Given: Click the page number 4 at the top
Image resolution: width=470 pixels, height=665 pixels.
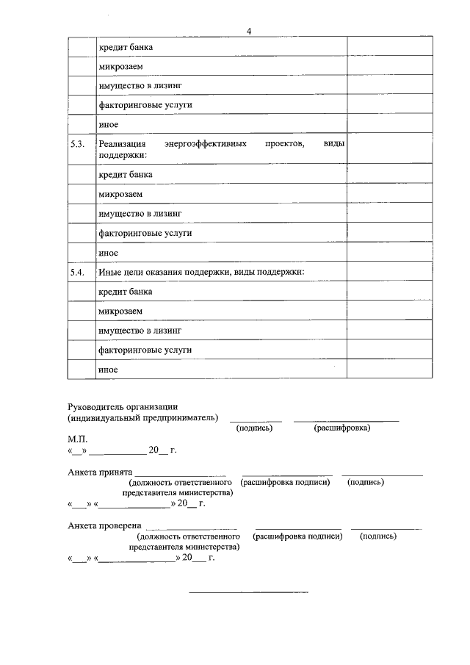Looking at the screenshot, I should [x=249, y=31].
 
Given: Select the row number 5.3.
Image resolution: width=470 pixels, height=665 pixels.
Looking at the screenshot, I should [x=78, y=145].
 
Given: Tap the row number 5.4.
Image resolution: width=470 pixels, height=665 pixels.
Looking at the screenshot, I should [x=78, y=273].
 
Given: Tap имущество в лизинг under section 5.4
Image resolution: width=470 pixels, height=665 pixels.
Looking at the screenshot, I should [x=140, y=331].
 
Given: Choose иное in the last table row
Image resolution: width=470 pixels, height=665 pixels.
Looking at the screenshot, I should [x=108, y=370].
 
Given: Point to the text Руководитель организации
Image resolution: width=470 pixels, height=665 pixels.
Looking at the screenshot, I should [x=123, y=407].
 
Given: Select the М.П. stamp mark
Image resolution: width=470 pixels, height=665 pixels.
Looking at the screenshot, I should [x=77, y=438].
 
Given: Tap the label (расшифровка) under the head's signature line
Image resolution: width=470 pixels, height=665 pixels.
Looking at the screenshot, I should [x=341, y=428].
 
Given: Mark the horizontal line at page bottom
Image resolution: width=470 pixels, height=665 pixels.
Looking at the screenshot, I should [x=249, y=592].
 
